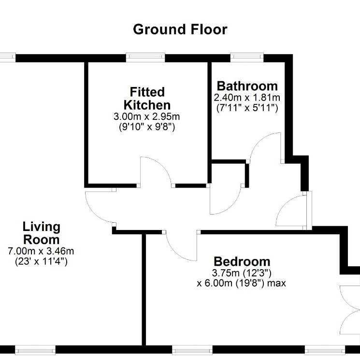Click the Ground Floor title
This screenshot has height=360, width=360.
(x=180, y=29)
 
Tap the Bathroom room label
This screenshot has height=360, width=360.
(x=247, y=86)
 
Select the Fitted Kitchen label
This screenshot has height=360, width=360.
(x=147, y=99)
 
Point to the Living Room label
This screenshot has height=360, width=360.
(x=42, y=233)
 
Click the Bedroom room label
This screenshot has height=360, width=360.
(x=242, y=261)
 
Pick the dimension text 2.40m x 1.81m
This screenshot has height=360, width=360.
(x=247, y=98)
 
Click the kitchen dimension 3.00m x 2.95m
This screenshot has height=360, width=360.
(x=147, y=116)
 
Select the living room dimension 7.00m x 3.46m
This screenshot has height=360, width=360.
(x=41, y=251)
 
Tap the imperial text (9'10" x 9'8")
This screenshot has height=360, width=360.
(x=147, y=127)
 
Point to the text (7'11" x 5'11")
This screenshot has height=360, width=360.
(x=247, y=108)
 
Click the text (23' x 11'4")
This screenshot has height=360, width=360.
(x=42, y=261)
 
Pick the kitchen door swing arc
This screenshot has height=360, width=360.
(x=161, y=165)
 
